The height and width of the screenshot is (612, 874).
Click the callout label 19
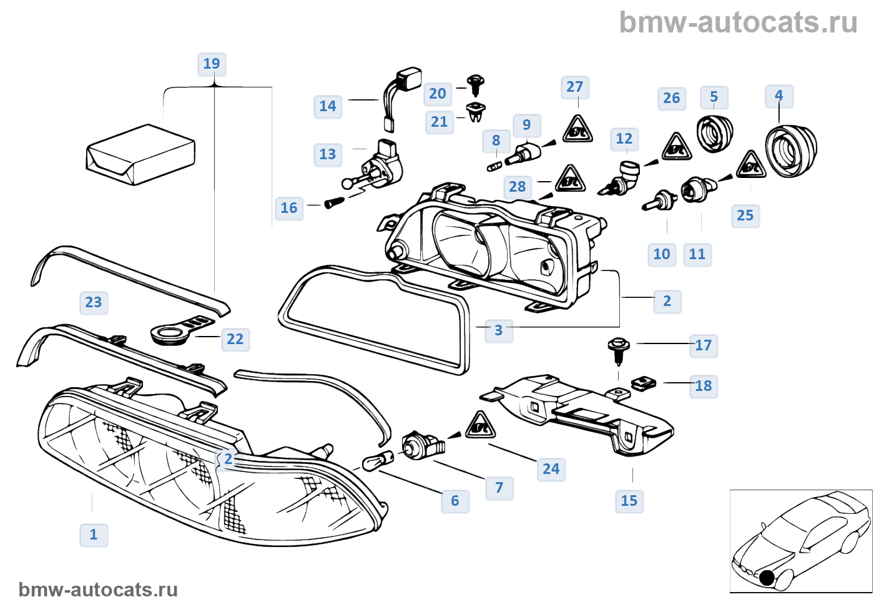[212, 64]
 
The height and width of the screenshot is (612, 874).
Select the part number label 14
[328, 106]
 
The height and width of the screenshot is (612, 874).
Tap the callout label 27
[574, 87]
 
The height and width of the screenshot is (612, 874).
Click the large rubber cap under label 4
[791, 149]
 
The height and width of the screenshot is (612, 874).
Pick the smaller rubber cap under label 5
[714, 132]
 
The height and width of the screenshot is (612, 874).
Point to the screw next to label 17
[619, 350]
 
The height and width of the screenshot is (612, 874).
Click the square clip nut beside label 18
[642, 383]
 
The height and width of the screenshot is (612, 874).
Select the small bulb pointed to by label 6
[378, 463]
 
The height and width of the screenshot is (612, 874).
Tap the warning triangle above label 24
[480, 426]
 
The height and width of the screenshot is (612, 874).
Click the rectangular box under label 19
[140, 155]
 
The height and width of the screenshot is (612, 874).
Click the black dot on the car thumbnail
[767, 578]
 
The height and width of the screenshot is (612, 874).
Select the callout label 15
[629, 501]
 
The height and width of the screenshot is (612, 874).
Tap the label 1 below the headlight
[94, 535]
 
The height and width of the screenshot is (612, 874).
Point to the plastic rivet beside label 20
[476, 84]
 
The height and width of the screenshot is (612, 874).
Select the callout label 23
[94, 302]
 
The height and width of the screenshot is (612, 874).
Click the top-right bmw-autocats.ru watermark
[738, 22]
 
